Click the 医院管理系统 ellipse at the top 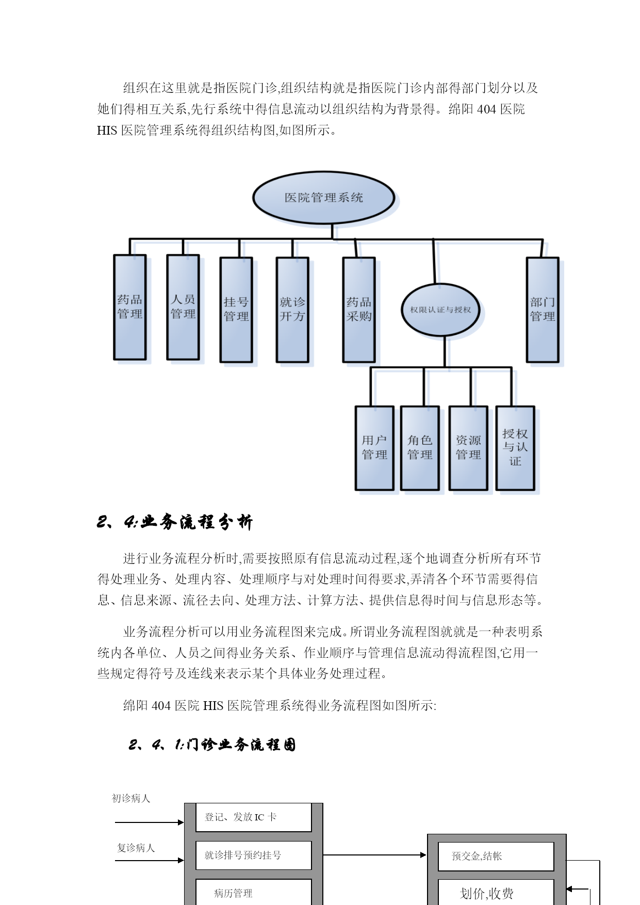point(323,198)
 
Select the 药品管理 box point(130,307)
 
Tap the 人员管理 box point(183,307)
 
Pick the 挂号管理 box point(236,310)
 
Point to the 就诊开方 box point(292,310)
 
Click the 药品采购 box point(359,310)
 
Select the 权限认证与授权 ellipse point(440,310)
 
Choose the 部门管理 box point(543,310)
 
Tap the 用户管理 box point(374,448)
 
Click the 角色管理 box point(420,448)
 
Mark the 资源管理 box point(468,448)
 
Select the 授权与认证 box point(515,448)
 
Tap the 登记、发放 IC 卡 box point(254,817)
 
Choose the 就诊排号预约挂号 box point(254,855)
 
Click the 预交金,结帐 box point(496,856)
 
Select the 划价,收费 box point(496,892)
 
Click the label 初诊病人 point(131,798)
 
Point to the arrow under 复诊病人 point(150,860)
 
